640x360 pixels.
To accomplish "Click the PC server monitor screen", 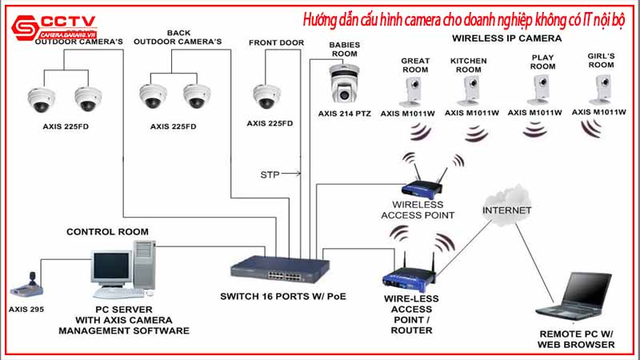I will (x=110, y=266).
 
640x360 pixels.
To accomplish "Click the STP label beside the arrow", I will (x=270, y=174).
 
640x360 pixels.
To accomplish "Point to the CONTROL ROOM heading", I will (x=107, y=232).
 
